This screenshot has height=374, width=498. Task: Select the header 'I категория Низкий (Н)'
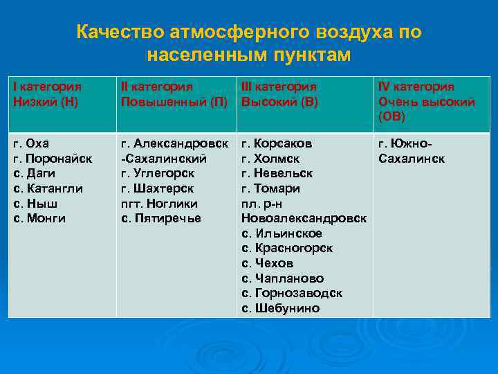coord(48,94)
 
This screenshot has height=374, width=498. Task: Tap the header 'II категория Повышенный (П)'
coord(174,94)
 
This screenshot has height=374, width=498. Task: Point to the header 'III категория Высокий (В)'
coord(279,94)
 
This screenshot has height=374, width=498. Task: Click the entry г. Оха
coord(32,143)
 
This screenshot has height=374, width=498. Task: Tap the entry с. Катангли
coord(48,188)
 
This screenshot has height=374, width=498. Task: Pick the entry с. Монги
coord(40,218)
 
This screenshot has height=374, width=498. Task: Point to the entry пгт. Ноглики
coord(160,204)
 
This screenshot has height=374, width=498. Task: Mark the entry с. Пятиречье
coord(161,218)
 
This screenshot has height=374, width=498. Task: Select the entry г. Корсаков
coord(277,143)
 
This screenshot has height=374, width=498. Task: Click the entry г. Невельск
coord(277,173)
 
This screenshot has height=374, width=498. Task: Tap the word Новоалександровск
coord(304,218)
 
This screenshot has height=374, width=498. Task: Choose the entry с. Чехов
coord(268,263)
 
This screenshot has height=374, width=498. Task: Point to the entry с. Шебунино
coord(280,308)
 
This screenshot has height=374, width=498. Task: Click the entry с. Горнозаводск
coord(292,293)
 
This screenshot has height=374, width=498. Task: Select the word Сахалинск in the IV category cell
coord(412,159)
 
